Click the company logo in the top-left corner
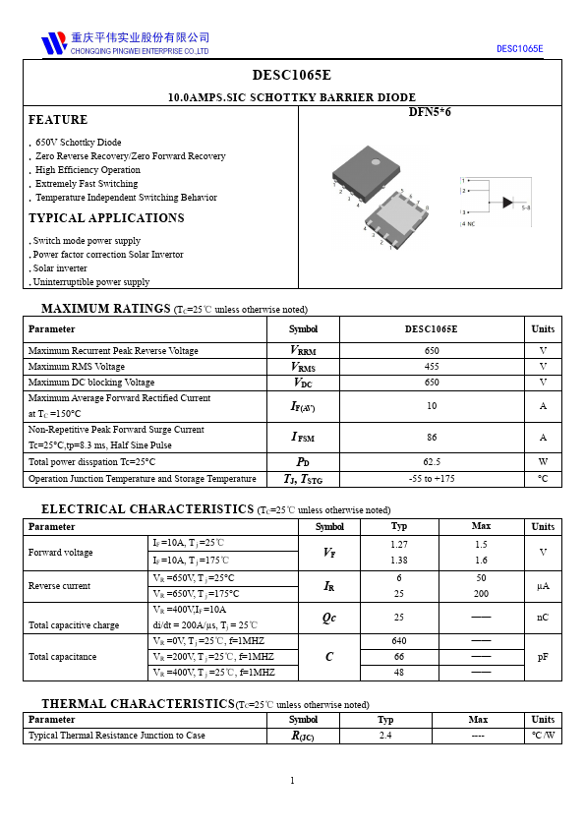click(53, 43)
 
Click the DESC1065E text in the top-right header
click(519, 48)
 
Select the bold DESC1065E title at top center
click(292, 75)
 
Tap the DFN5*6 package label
click(430, 112)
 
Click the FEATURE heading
click(58, 120)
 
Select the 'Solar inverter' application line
click(60, 268)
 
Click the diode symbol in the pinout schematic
click(507, 203)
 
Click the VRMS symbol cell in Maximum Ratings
click(303, 367)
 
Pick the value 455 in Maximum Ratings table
click(432, 367)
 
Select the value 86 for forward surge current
click(432, 437)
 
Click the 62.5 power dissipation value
click(432, 461)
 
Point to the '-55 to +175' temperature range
click(432, 479)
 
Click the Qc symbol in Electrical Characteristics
click(329, 618)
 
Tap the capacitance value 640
click(399, 641)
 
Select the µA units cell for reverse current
click(543, 586)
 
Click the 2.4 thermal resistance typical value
click(385, 736)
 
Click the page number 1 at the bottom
click(292, 781)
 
